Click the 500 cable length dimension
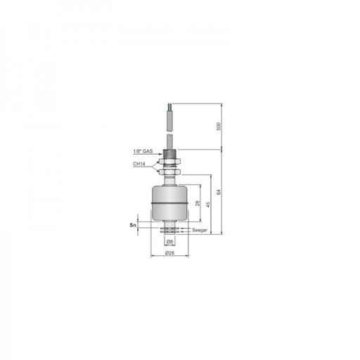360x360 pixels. click(219, 127)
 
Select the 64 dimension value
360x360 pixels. click(219, 192)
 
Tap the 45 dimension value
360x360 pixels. click(208, 205)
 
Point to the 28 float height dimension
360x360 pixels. click(198, 203)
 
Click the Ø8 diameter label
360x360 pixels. click(169, 241)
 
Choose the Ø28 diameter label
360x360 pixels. click(169, 253)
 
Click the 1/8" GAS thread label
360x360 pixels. click(143, 151)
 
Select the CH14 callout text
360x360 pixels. click(139, 164)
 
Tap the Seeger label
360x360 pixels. click(200, 230)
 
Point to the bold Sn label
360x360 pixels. click(133, 225)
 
